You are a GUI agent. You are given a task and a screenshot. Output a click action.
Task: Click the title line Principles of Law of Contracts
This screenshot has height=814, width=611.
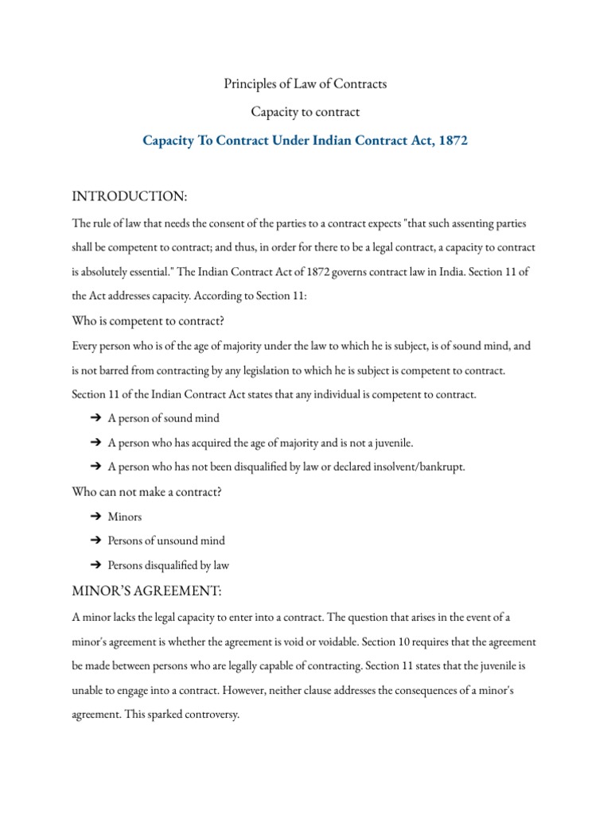(305, 83)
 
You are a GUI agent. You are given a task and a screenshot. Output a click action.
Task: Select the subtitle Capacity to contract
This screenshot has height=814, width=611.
(305, 112)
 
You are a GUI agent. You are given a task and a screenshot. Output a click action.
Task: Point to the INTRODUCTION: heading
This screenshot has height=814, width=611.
(131, 196)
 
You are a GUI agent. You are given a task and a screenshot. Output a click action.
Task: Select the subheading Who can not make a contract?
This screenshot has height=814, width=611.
(146, 491)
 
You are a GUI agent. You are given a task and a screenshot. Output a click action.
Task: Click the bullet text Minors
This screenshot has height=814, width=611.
(125, 517)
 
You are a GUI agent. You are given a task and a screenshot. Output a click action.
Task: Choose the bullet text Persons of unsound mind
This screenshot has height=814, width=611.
(166, 541)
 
